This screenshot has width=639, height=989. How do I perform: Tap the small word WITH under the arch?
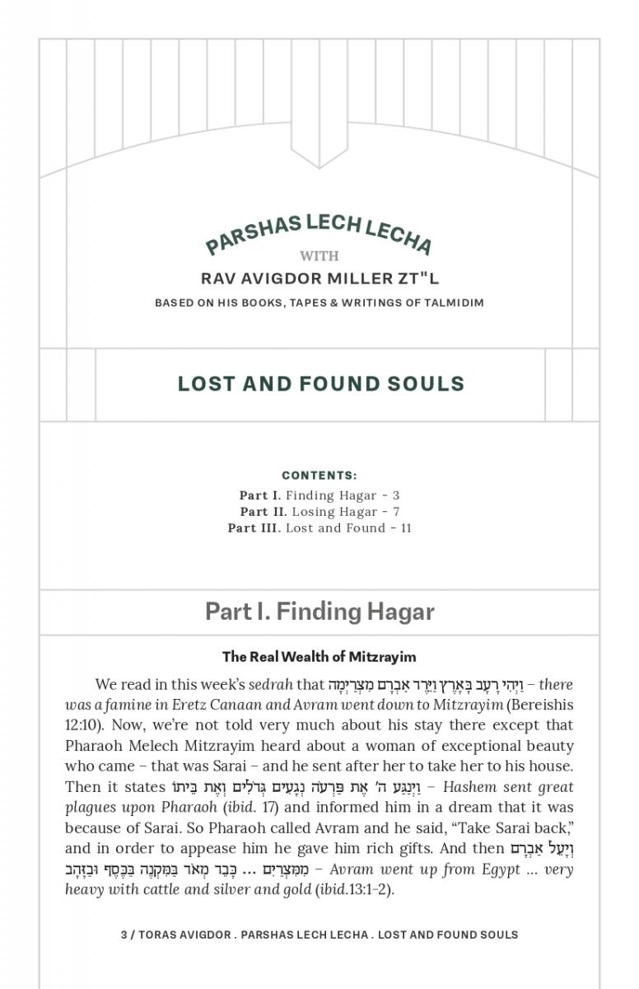click(x=319, y=256)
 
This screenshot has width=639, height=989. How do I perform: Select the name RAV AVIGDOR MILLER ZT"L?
click(x=319, y=279)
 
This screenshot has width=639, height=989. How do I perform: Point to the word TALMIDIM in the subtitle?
click(x=454, y=302)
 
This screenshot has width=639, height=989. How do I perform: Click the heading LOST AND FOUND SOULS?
click(x=321, y=384)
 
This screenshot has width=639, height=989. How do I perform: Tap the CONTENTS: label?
click(x=319, y=476)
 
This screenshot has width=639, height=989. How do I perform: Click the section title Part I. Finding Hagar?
click(x=319, y=612)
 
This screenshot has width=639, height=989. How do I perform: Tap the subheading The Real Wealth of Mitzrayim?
click(x=319, y=657)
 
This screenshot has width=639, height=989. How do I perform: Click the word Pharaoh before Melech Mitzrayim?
click(x=91, y=747)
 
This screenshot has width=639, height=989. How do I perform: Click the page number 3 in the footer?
click(x=124, y=935)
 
